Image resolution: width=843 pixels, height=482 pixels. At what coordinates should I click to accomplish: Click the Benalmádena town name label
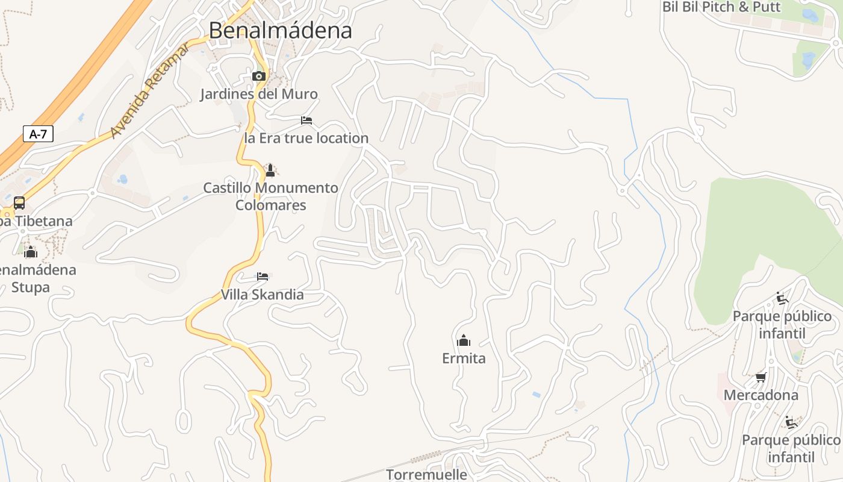tap(280, 30)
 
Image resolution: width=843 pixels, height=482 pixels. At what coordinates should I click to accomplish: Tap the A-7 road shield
tap(38, 134)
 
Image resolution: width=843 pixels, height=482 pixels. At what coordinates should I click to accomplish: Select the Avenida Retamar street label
tap(150, 91)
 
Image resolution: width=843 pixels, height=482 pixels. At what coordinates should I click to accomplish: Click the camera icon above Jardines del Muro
tap(259, 76)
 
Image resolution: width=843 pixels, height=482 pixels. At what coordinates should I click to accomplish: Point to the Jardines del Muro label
tap(259, 94)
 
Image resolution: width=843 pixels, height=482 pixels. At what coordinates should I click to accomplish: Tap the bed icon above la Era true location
tap(306, 120)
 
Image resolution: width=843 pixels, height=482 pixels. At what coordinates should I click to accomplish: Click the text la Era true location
tap(306, 138)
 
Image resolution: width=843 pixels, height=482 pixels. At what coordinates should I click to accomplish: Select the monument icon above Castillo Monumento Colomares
tap(270, 170)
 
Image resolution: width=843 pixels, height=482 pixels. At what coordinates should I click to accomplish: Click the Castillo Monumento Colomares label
tap(270, 196)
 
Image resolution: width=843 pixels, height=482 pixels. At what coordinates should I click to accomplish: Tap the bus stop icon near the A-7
tap(19, 202)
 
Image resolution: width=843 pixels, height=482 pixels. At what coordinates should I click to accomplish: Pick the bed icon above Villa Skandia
tap(263, 277)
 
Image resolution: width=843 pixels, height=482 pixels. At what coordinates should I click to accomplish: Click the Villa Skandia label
tap(263, 295)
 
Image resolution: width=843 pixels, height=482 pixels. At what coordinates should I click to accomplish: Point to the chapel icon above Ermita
tap(464, 340)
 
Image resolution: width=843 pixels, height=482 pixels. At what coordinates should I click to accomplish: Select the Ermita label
tap(464, 358)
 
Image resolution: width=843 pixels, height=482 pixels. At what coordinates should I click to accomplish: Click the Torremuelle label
tap(426, 474)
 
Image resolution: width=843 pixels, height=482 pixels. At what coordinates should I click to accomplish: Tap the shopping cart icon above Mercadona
tap(761, 378)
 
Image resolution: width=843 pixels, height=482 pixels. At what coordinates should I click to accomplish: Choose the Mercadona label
tap(761, 395)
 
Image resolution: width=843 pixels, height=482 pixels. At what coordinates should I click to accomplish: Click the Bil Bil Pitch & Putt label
tap(721, 7)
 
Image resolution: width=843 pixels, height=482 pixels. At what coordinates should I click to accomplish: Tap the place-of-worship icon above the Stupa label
tap(31, 251)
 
